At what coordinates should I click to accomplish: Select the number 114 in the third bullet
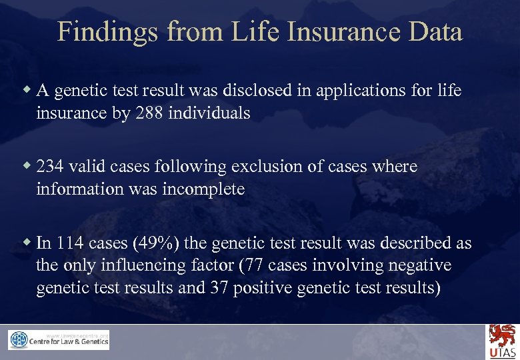70,243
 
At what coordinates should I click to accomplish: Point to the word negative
417,265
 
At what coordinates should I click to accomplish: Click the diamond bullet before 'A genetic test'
27,89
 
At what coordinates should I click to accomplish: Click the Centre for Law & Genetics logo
59,340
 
